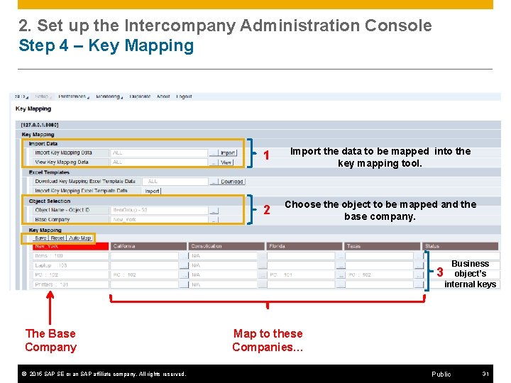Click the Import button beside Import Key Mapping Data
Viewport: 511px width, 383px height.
click(228, 152)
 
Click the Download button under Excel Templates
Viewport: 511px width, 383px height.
click(232, 182)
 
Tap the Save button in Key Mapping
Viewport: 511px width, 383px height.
click(41, 238)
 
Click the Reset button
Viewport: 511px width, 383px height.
click(57, 238)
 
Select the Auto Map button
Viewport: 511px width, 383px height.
click(80, 238)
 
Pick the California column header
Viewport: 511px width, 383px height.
click(148, 246)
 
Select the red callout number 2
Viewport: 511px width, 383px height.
click(267, 210)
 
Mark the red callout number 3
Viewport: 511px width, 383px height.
click(440, 272)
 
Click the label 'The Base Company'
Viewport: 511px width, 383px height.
click(50, 340)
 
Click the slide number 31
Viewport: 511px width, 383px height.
click(485, 374)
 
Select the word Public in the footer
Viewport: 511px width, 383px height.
click(441, 374)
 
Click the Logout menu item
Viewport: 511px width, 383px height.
click(184, 96)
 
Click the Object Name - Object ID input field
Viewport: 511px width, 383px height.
click(159, 210)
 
